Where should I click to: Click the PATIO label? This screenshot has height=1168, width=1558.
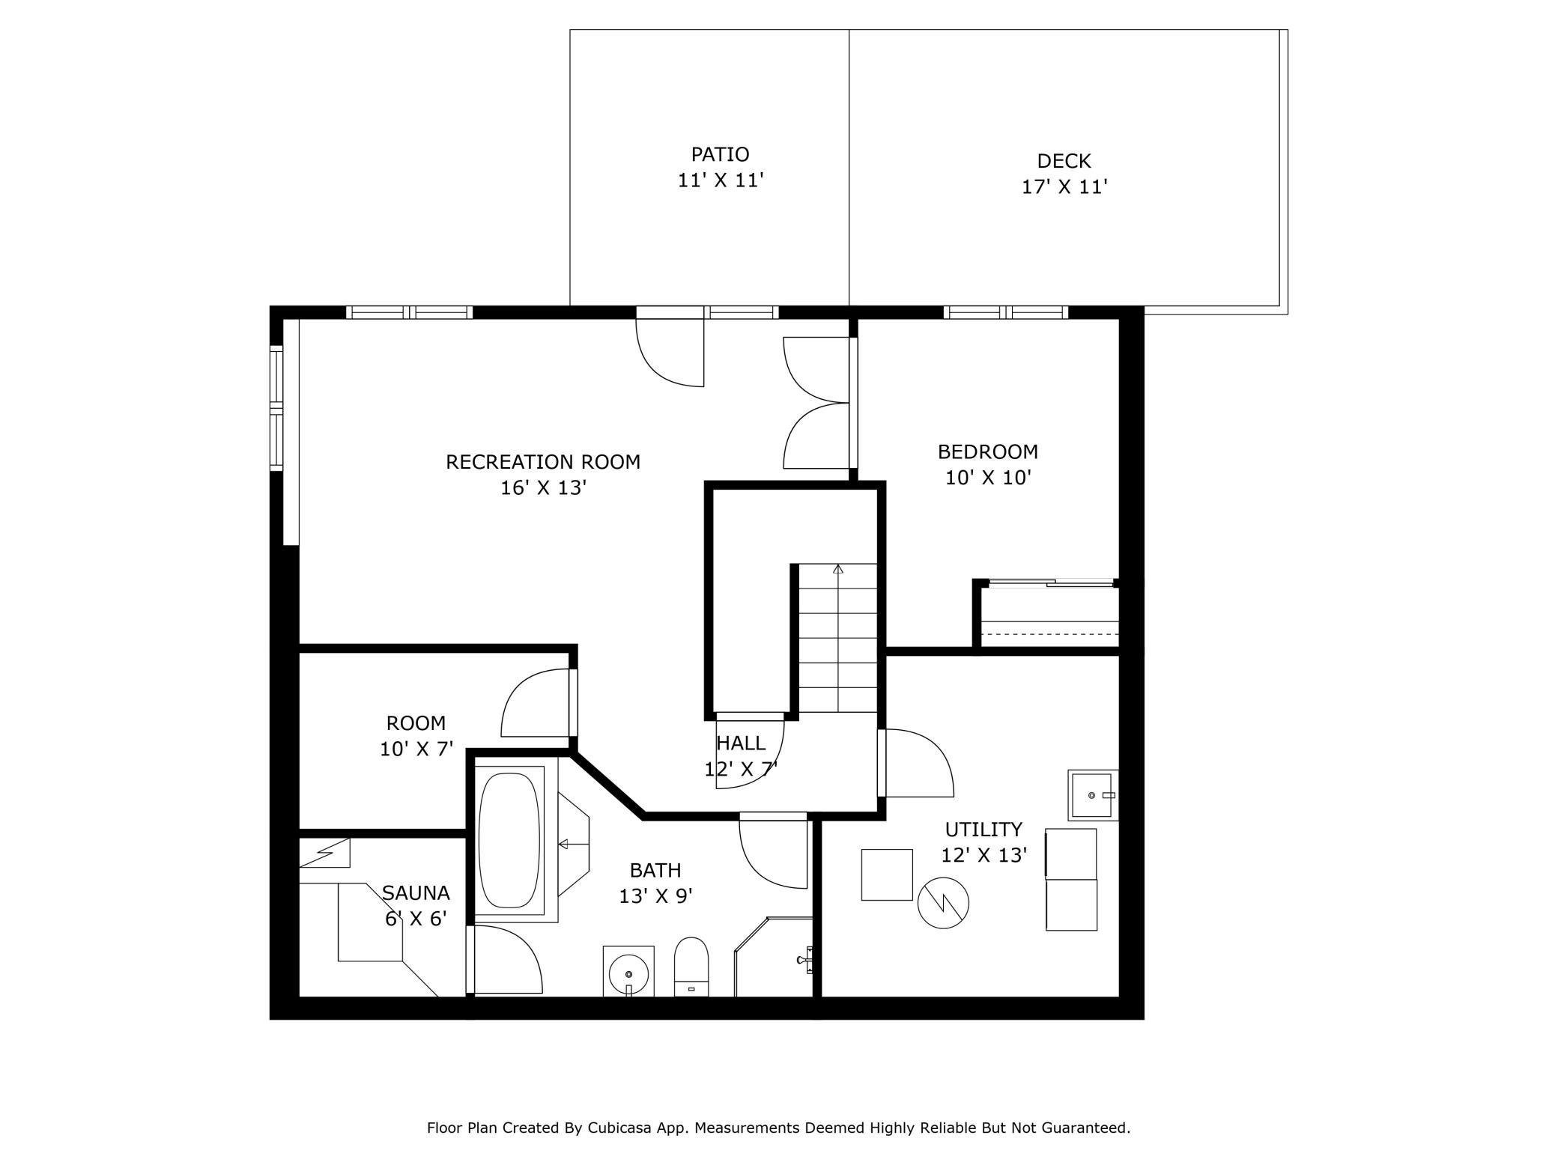(x=720, y=154)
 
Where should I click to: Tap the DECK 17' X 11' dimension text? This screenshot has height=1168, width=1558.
(x=1064, y=187)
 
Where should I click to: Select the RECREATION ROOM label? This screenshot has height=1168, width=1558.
(x=543, y=462)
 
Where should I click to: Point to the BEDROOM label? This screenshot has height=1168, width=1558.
(x=988, y=452)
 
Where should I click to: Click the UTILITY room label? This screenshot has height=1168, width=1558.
(x=983, y=830)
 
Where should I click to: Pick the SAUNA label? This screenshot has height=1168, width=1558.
(x=416, y=893)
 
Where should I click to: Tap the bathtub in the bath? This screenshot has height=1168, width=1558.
(x=509, y=840)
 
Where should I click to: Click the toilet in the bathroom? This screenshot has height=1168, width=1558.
(x=691, y=967)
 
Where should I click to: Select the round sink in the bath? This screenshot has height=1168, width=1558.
(x=628, y=972)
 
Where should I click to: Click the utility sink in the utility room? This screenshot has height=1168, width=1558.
(x=1093, y=794)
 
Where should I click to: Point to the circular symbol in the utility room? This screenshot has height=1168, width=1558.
(x=943, y=903)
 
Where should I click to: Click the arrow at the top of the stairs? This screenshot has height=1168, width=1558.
(x=838, y=569)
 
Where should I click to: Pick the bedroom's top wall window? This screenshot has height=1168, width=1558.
(x=1005, y=312)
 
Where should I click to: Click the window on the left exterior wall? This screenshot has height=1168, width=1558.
(x=277, y=408)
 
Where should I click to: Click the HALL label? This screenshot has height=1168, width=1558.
(x=741, y=743)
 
